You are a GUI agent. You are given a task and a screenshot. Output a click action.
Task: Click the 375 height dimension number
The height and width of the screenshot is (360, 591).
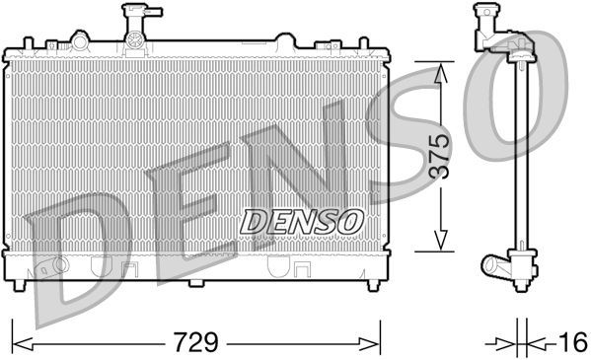pos(441,156)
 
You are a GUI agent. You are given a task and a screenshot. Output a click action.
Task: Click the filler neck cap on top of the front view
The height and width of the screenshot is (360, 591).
pos(133,17)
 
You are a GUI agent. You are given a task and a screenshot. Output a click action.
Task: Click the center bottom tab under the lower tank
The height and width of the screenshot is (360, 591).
pos(195,284)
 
